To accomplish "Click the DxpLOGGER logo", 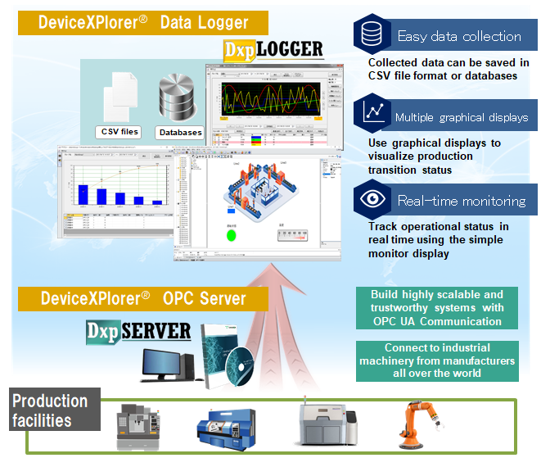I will coord(273,50).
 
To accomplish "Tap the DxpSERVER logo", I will coord(138,332).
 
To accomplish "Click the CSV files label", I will coord(119,131).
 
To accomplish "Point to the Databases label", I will coord(180,132).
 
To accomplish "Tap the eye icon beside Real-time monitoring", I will coord(371,201).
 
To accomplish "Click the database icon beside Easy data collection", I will coord(371,34).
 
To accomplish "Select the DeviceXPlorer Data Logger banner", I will coord(142,23).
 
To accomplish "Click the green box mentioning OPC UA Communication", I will coord(437,306).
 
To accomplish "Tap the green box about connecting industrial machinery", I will coord(437,360).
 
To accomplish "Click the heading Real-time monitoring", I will coord(461,201).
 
